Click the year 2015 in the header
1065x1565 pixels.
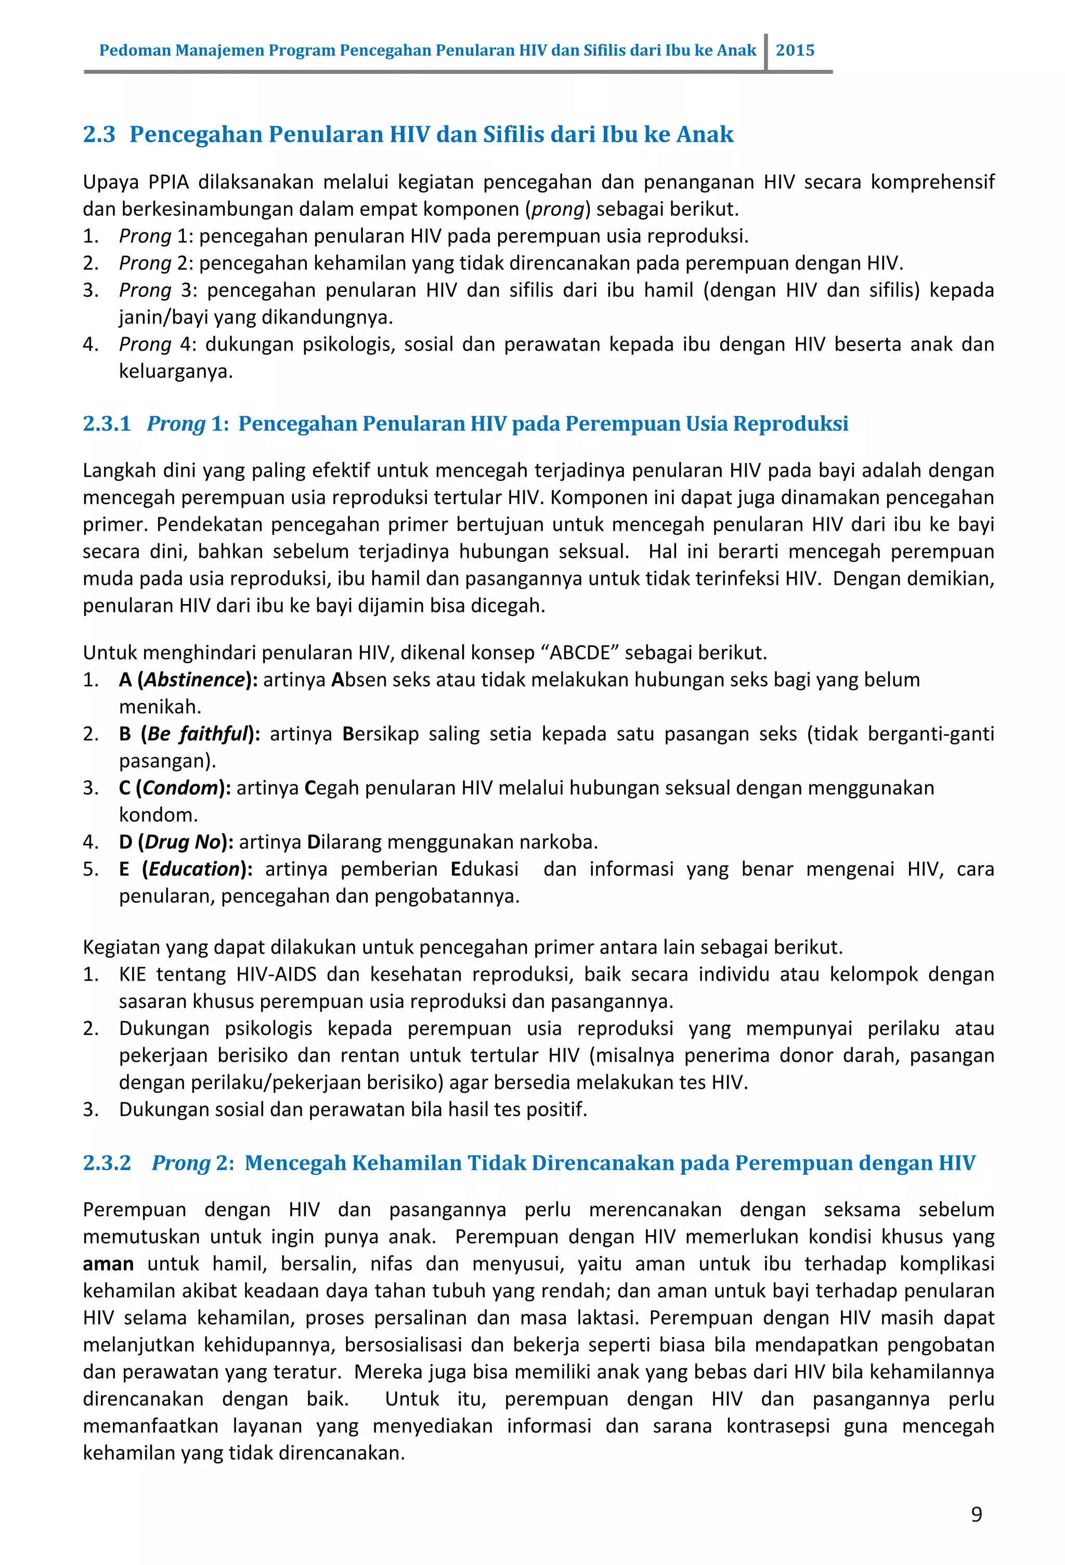pos(795,50)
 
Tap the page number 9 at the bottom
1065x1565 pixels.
pos(976,1515)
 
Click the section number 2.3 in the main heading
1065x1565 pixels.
pos(99,134)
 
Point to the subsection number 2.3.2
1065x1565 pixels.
pos(107,1163)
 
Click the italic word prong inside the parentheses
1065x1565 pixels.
pos(557,210)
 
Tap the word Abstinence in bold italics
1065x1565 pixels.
pos(194,679)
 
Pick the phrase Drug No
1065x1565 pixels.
pos(183,842)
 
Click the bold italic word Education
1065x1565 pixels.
pos(194,869)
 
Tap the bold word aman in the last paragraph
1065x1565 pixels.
pos(108,1264)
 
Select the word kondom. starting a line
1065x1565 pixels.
pos(158,815)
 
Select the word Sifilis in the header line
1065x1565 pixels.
pos(603,50)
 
